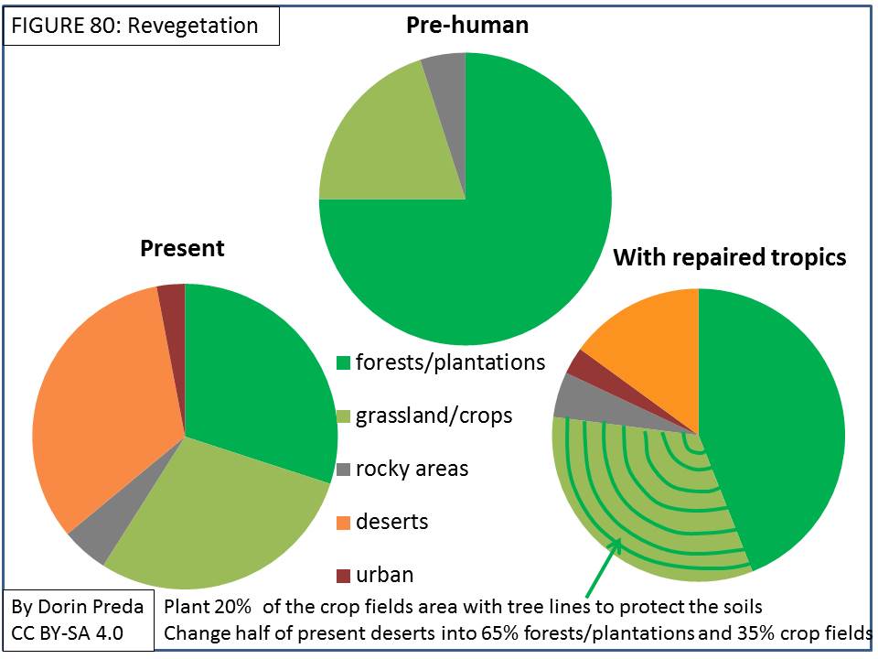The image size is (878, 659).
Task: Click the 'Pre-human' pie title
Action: click(x=467, y=26)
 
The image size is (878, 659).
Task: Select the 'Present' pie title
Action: click(x=182, y=248)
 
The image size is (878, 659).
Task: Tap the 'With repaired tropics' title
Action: click(x=730, y=257)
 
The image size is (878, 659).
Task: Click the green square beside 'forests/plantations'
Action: click(x=343, y=362)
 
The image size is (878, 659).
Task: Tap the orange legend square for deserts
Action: click(x=343, y=523)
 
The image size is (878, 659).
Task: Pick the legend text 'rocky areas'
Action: click(x=412, y=469)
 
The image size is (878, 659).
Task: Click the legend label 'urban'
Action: click(x=385, y=575)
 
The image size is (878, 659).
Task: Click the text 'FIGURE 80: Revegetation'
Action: click(x=135, y=26)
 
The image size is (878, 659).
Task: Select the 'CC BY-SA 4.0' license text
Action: click(x=67, y=633)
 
